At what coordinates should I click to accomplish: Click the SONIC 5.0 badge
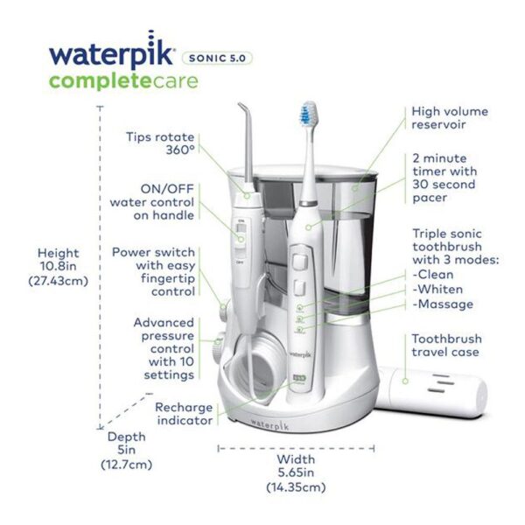(x=217, y=59)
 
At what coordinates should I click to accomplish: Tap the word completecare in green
(x=124, y=81)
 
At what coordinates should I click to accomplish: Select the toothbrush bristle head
(x=308, y=113)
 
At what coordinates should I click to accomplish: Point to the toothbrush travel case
(x=431, y=391)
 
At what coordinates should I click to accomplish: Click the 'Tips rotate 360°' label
(x=160, y=143)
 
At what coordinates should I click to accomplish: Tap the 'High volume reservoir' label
(x=450, y=118)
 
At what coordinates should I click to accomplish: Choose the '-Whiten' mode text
(x=437, y=289)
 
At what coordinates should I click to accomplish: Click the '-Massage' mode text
(x=443, y=304)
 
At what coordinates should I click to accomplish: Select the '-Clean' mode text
(x=433, y=275)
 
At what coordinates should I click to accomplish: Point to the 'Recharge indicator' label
(x=184, y=414)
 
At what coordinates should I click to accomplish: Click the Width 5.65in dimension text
(x=296, y=472)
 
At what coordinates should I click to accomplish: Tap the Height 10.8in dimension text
(x=59, y=267)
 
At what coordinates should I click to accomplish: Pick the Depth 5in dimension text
(x=127, y=451)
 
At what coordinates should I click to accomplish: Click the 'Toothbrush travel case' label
(x=446, y=346)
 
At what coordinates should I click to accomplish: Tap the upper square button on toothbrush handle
(x=300, y=261)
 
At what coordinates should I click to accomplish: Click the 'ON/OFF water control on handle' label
(x=152, y=202)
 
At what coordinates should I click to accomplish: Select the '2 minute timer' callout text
(x=444, y=178)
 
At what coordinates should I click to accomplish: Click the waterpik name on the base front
(x=269, y=424)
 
